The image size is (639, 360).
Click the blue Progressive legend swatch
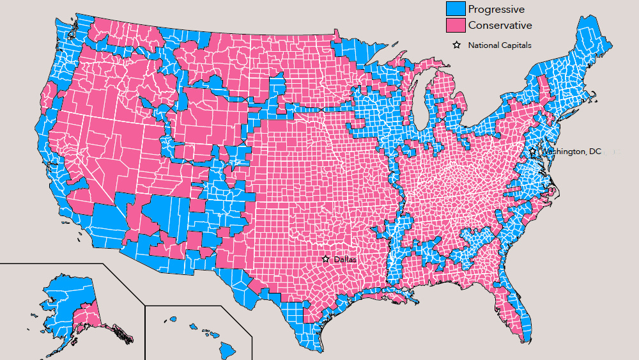coord(455,9)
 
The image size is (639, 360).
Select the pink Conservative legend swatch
coord(455,26)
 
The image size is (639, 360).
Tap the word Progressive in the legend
coord(496,9)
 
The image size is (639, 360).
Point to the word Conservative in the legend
coord(500,26)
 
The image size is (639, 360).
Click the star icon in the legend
coord(457,45)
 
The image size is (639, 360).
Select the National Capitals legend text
coord(499,45)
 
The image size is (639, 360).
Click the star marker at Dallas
coord(326,259)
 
